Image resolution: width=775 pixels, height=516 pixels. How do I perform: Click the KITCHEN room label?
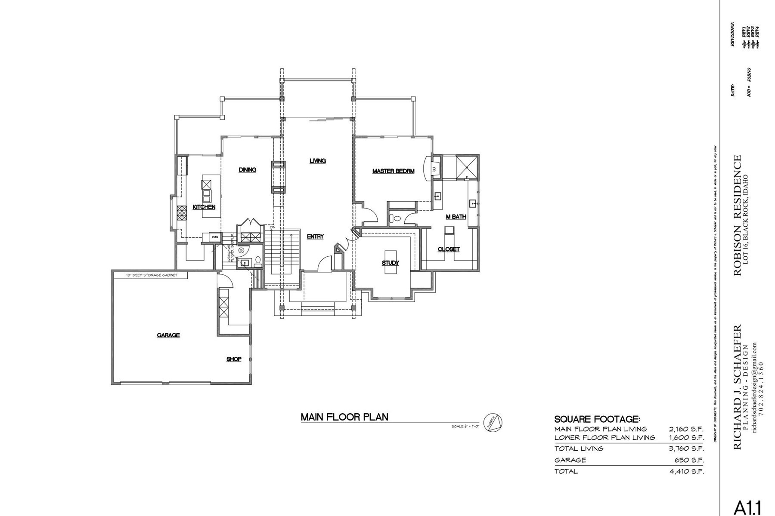click(x=204, y=207)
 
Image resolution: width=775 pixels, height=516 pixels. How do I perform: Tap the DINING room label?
click(x=248, y=170)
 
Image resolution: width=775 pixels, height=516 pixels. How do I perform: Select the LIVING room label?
click(x=318, y=161)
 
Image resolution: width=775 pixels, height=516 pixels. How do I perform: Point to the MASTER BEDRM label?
click(x=393, y=171)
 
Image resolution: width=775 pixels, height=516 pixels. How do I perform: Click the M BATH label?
click(x=456, y=217)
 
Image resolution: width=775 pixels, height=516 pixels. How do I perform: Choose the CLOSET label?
click(x=449, y=249)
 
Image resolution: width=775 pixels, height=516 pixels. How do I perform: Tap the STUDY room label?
click(x=391, y=263)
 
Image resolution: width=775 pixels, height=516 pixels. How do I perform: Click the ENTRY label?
click(x=315, y=236)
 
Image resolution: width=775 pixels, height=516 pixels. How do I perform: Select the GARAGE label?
click(x=168, y=335)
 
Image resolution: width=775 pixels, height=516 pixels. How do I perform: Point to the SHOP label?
click(x=234, y=359)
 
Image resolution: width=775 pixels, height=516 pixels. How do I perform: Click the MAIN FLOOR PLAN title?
click(x=344, y=417)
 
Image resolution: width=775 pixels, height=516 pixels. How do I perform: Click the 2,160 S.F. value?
click(x=686, y=429)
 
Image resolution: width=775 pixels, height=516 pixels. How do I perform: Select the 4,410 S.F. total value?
click(x=686, y=471)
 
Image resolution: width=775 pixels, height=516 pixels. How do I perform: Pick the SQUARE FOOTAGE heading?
click(x=597, y=419)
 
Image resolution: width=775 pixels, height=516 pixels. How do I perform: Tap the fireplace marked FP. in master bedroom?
click(x=434, y=169)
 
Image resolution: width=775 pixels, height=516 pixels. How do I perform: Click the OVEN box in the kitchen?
click(x=215, y=237)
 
